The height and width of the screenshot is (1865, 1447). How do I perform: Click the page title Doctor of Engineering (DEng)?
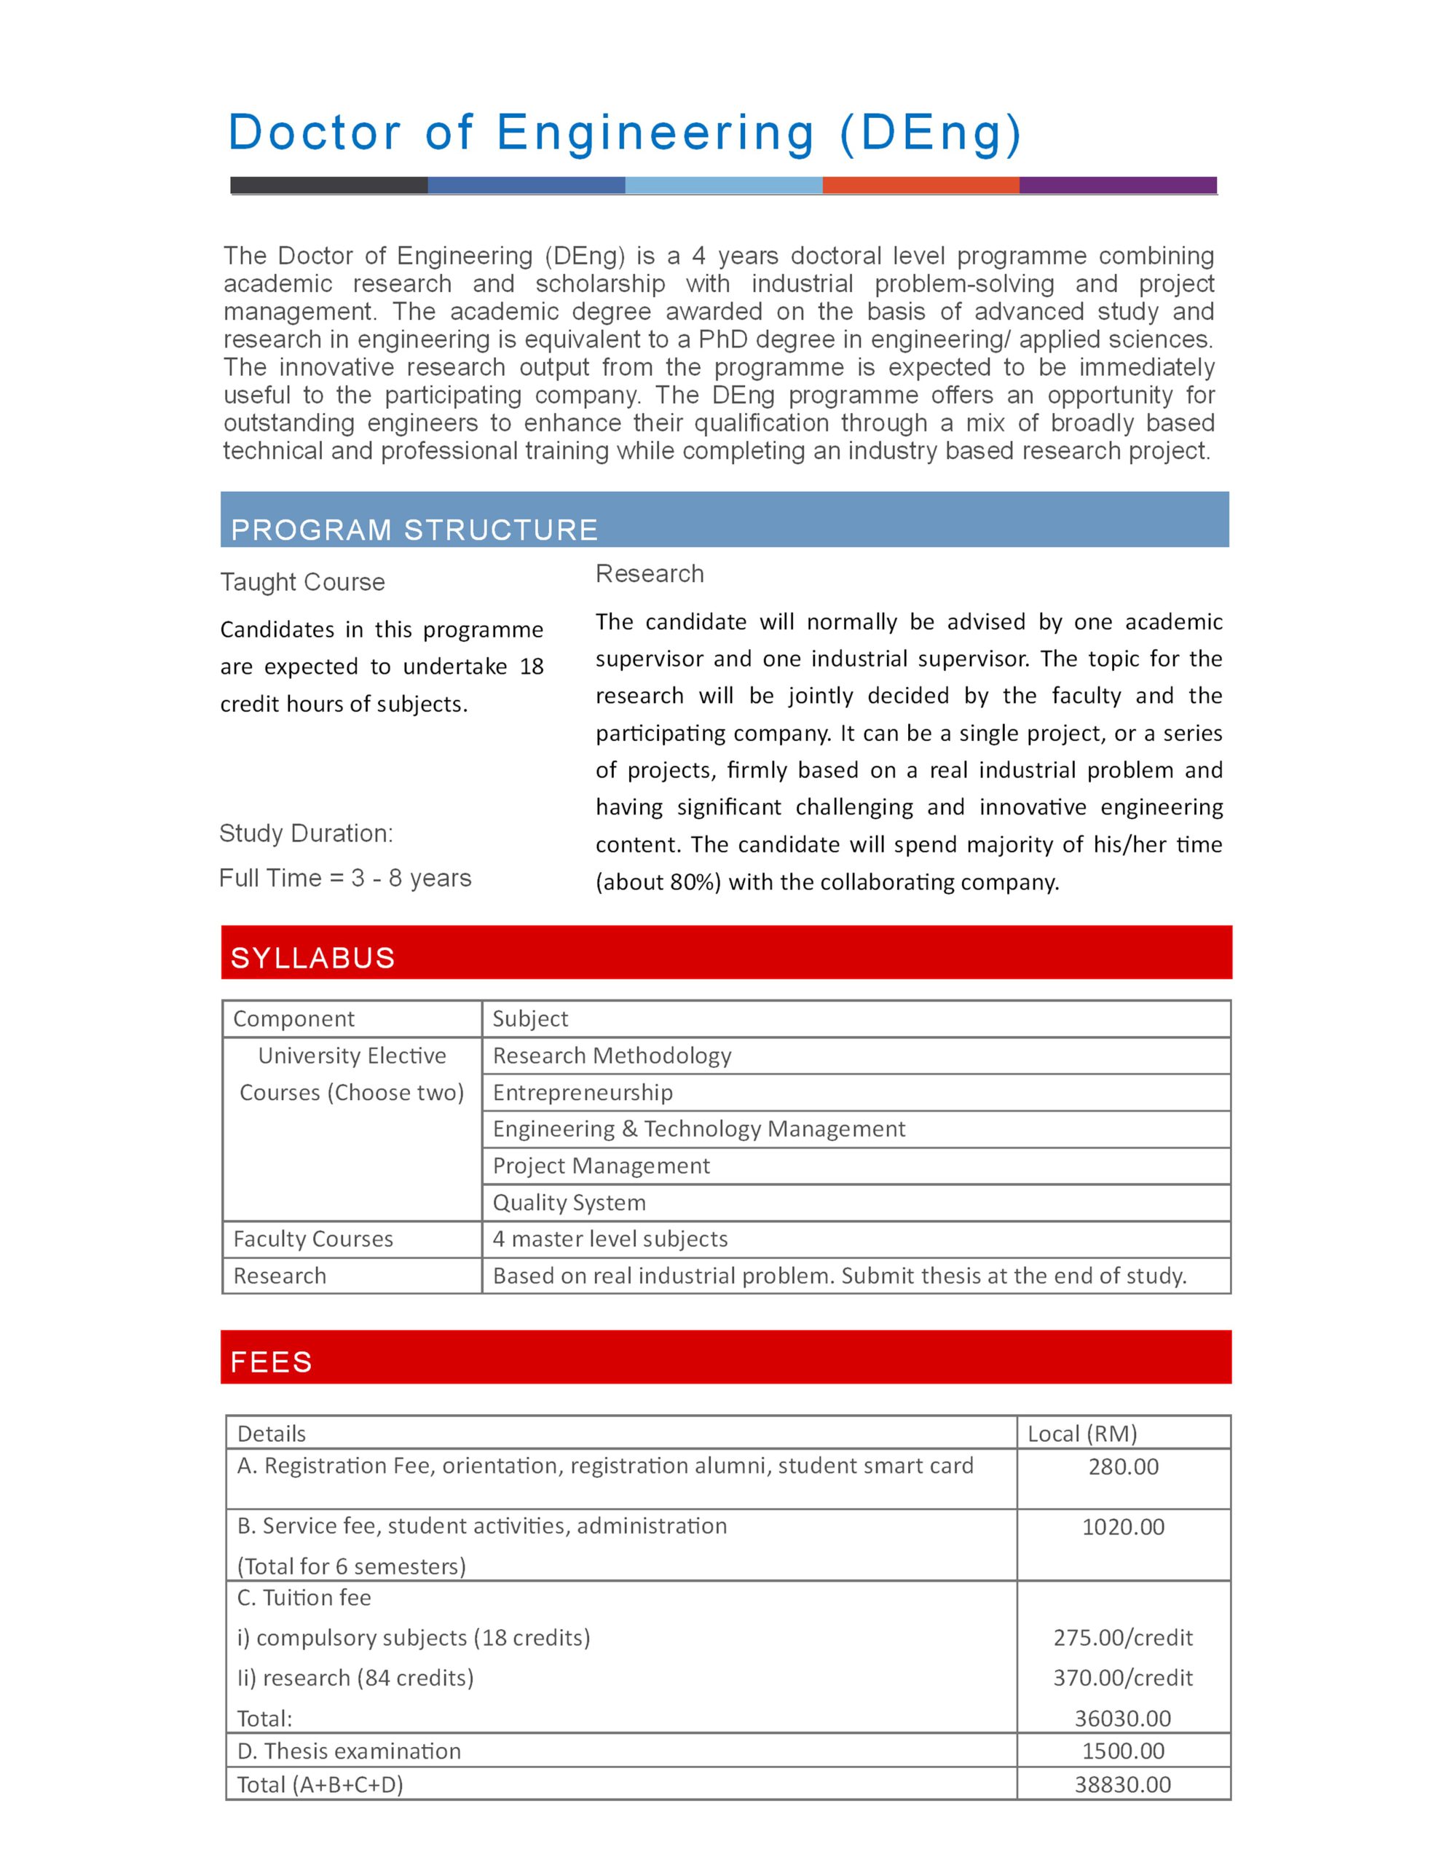[x=624, y=133]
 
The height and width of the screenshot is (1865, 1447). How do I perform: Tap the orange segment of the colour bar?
[x=920, y=185]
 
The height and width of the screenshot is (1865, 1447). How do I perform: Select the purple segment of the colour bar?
[x=1118, y=185]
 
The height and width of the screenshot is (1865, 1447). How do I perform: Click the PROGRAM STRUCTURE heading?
[x=414, y=530]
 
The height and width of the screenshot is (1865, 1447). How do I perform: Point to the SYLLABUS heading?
[x=312, y=958]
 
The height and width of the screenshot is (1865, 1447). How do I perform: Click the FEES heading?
[x=272, y=1362]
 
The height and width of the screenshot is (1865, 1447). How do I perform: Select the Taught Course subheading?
[x=302, y=582]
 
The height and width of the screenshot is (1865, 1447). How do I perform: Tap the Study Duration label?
[x=306, y=833]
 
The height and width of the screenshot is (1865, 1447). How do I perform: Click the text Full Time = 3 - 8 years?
[x=345, y=878]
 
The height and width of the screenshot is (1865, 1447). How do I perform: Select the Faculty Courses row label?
[x=312, y=1239]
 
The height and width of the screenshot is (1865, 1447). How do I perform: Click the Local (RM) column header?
[x=1081, y=1434]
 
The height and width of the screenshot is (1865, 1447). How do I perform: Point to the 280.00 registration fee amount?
[x=1123, y=1467]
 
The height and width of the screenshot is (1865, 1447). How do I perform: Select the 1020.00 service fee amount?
[x=1123, y=1527]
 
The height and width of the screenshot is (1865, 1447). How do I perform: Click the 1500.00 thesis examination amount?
[x=1123, y=1751]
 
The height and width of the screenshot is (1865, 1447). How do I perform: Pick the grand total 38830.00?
[x=1123, y=1785]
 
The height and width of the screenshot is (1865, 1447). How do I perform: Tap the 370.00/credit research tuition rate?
[x=1123, y=1678]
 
